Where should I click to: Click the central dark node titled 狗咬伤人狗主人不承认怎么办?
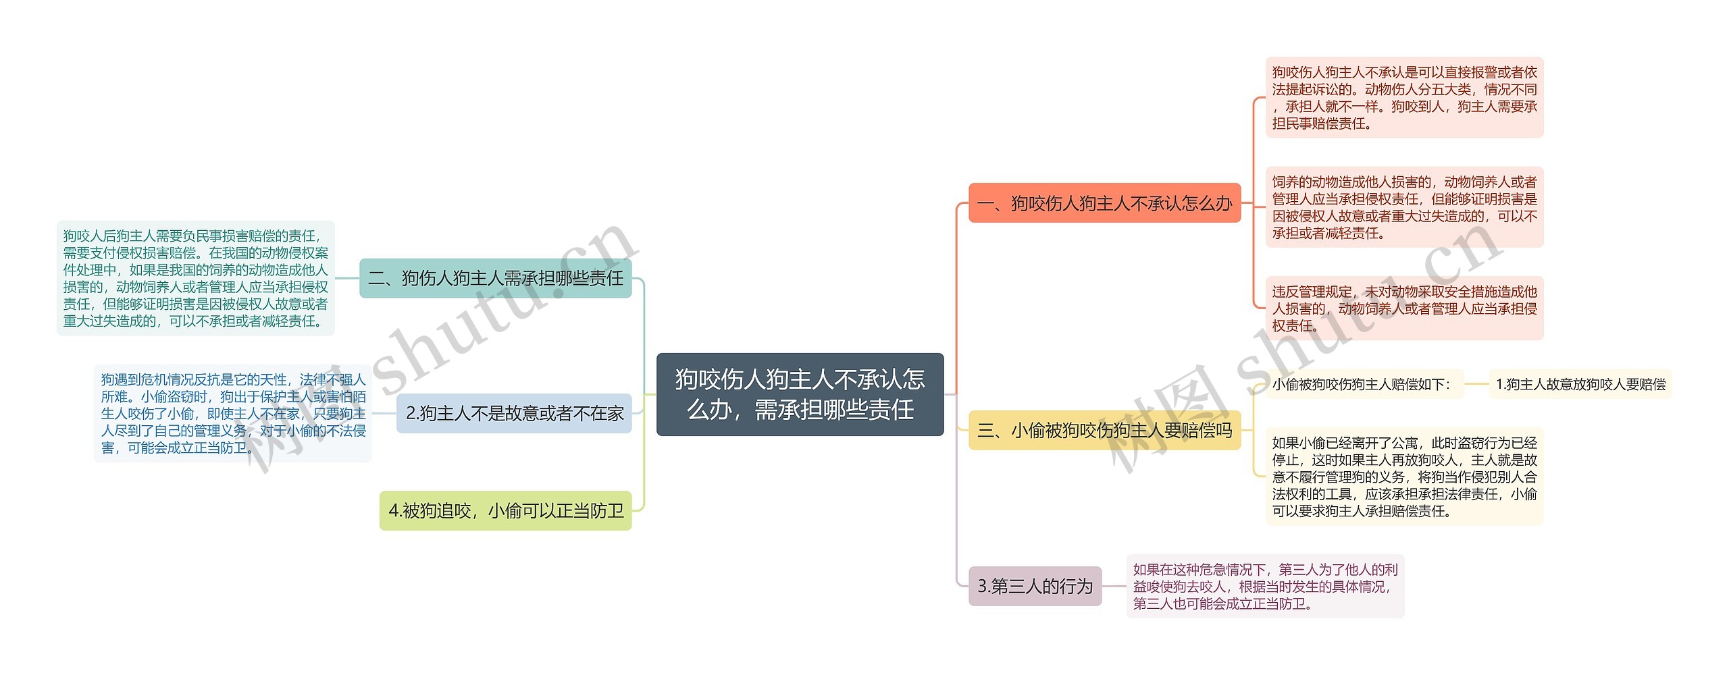tap(800, 394)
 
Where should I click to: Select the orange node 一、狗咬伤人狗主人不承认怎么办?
tap(1104, 202)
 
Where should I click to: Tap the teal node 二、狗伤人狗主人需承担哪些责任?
tap(495, 278)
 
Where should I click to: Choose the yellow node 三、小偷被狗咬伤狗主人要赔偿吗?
tap(1104, 430)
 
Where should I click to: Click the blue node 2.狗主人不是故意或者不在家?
tap(514, 413)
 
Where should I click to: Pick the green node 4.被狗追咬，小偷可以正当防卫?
tap(505, 511)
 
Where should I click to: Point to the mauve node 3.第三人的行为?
tap(1035, 586)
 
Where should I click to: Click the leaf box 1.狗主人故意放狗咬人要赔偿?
tap(1580, 384)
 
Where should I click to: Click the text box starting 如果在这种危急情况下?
tap(1264, 586)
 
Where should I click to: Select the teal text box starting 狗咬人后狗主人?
tap(195, 278)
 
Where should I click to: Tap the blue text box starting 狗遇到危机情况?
tap(232, 413)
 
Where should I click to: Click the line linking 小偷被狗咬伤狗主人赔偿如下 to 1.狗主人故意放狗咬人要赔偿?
tap(1476, 384)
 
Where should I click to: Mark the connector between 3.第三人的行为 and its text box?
tap(1114, 586)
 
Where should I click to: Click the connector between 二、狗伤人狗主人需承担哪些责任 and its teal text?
tap(347, 278)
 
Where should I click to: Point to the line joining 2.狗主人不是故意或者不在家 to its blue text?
tap(384, 413)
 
